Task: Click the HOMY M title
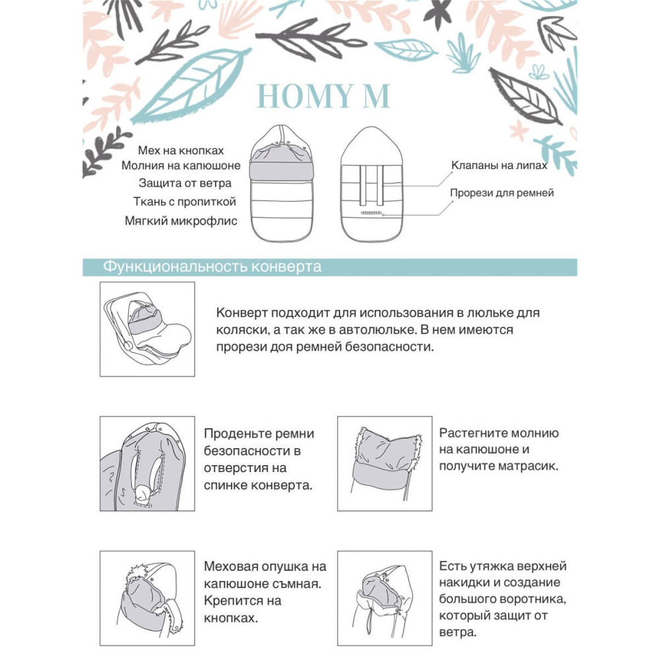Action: coord(323,96)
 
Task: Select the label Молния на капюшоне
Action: coord(181,166)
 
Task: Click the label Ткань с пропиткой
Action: coord(183,202)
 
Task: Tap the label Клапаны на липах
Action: coord(499,166)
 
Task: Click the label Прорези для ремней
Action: coord(502,193)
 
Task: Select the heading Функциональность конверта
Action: coord(213,267)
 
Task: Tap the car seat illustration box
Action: coord(147,329)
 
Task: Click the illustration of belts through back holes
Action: coord(147,463)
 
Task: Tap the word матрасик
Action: coord(526,466)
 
